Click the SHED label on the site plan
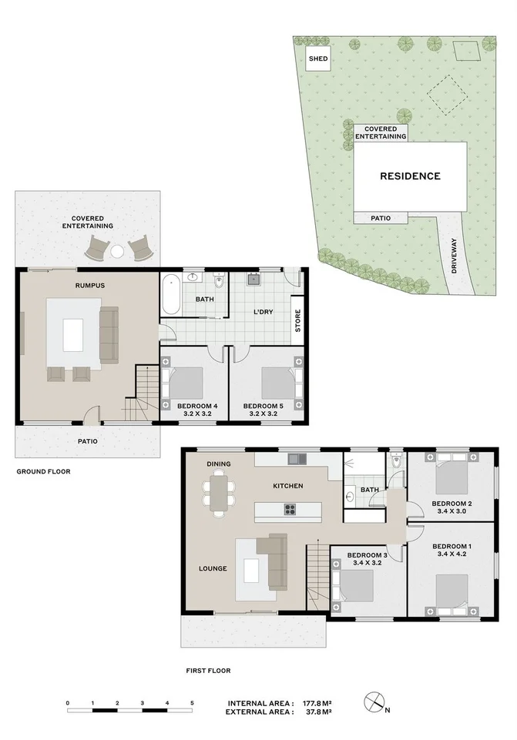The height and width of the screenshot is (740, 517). point(317,59)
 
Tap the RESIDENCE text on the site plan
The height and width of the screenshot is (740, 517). point(410,176)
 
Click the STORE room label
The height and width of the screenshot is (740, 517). point(297,322)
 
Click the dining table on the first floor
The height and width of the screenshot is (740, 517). point(220,494)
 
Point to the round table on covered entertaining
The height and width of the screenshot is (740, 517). point(118,251)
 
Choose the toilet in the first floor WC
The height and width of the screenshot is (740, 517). point(395,464)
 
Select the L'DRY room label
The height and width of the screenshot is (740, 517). point(264,312)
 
